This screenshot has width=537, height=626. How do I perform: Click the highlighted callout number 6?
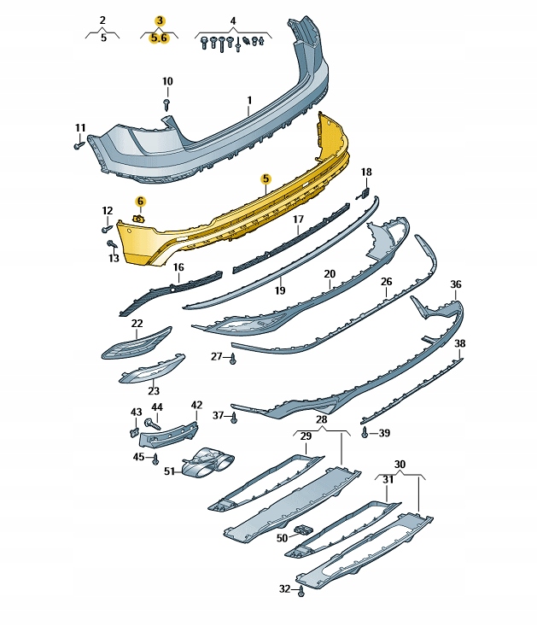point(140,202)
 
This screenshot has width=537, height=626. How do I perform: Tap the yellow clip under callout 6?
point(139,219)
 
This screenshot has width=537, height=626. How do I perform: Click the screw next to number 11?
point(79,144)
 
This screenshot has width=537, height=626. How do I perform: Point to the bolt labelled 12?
point(107,229)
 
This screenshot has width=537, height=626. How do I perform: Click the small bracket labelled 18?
point(364,194)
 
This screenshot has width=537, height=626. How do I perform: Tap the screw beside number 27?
point(233,359)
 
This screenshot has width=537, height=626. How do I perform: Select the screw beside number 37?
point(234,418)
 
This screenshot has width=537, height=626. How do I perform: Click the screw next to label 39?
point(365,431)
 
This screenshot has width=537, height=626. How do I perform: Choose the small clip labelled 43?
point(134,432)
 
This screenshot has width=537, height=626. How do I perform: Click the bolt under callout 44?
point(153,424)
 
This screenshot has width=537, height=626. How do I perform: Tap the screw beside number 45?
point(155,459)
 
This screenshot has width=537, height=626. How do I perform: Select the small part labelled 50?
point(303,530)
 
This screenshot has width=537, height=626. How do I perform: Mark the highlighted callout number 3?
point(160,20)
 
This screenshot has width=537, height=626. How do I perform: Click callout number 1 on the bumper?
point(249,100)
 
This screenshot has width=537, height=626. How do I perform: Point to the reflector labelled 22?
point(137,343)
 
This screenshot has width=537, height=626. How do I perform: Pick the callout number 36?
point(456,284)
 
